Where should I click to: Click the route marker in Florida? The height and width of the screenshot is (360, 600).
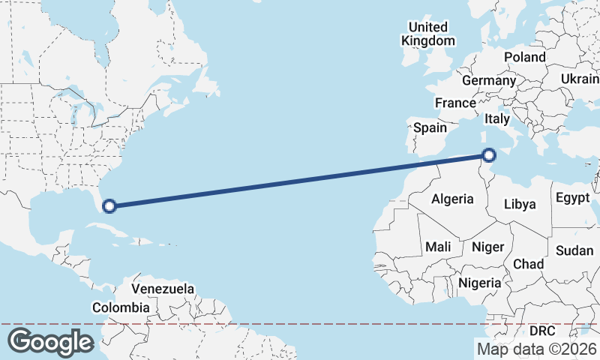click(109, 205)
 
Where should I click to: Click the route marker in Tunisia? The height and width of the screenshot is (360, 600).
click(489, 155)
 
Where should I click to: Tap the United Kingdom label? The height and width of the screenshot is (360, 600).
click(428, 34)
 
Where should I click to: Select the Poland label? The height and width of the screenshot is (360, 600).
click(525, 57)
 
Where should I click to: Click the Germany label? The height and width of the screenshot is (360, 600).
click(489, 80)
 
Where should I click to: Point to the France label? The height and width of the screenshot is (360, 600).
click(455, 103)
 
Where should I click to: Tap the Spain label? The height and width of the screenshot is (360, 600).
click(430, 127)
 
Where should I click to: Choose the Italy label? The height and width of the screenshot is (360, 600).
click(497, 118)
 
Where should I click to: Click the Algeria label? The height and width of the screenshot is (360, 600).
click(452, 199)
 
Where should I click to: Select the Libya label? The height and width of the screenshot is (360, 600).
click(520, 203)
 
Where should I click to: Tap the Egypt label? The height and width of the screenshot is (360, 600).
click(573, 199)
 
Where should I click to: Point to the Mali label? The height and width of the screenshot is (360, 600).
click(438, 246)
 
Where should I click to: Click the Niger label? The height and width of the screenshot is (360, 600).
click(487, 246)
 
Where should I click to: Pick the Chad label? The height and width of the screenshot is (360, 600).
click(528, 264)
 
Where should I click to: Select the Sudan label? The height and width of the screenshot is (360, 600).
click(574, 250)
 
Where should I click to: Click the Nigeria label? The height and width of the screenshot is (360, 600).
click(479, 283)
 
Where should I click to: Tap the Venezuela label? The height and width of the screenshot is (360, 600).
click(163, 289)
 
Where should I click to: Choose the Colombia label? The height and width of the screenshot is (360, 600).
click(121, 307)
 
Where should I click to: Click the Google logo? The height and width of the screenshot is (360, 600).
click(51, 341)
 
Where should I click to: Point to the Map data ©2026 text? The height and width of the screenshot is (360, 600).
click(537, 349)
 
